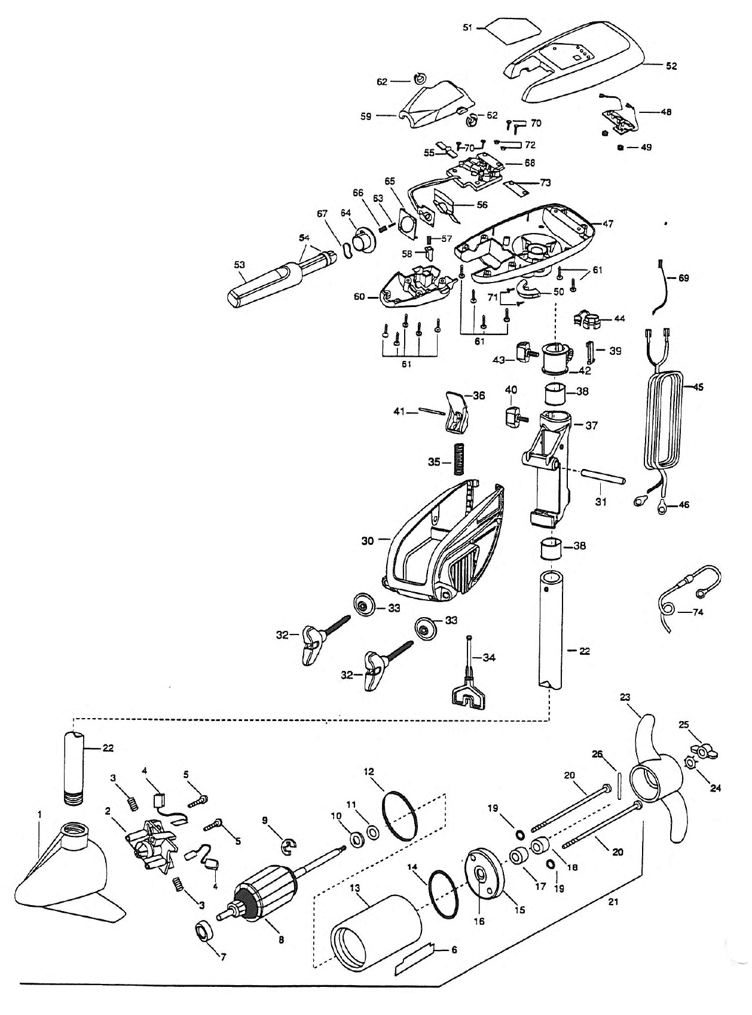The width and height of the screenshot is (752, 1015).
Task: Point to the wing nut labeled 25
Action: (704, 750)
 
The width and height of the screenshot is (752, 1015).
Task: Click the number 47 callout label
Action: (607, 224)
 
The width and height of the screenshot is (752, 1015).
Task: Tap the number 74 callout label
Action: (698, 612)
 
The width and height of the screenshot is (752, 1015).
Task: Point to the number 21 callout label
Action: (613, 902)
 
